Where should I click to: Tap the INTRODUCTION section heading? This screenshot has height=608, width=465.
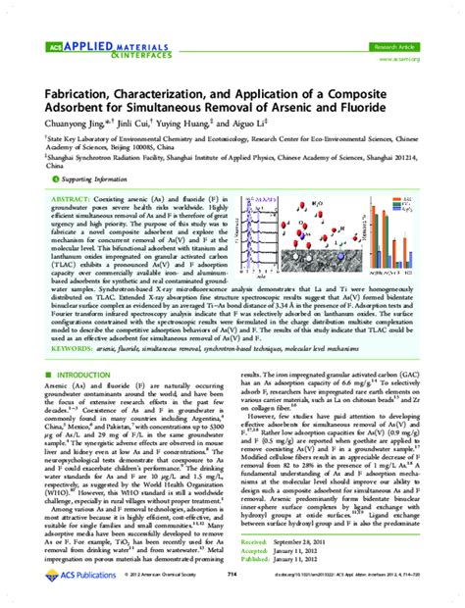90,376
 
